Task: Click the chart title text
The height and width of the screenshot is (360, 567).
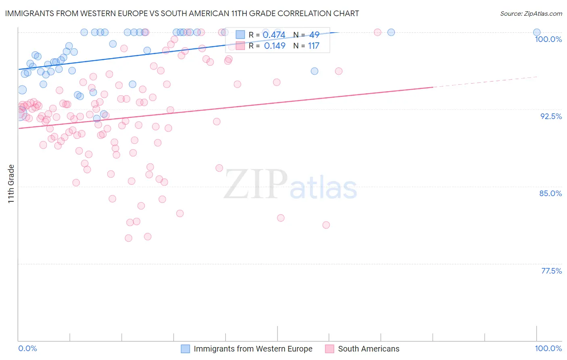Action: [182, 13]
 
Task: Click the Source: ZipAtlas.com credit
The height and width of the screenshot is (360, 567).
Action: [531, 13]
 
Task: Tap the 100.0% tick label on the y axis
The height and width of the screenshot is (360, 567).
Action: [548, 39]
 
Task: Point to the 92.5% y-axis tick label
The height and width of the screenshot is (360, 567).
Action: [551, 116]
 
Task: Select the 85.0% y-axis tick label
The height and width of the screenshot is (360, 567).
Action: [550, 193]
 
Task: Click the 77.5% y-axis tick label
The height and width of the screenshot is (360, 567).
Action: [551, 271]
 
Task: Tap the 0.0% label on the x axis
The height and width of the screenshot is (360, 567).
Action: [28, 348]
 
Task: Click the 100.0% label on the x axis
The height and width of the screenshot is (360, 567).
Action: [548, 348]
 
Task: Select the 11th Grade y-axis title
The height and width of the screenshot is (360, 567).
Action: [11, 184]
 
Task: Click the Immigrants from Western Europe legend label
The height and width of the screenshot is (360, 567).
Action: [253, 349]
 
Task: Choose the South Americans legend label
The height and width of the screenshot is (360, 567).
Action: [369, 349]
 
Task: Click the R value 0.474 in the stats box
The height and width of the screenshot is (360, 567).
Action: [274, 35]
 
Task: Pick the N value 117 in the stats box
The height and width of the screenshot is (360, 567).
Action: [313, 46]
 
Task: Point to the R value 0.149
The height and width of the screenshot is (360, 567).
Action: [275, 46]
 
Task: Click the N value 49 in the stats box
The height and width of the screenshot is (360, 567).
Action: [314, 35]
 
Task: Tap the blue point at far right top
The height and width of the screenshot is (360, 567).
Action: [537, 32]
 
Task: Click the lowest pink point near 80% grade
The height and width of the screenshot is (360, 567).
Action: [129, 238]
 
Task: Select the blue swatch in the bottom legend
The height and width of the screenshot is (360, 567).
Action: [185, 349]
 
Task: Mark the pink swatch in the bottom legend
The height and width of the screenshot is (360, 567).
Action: [329, 349]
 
